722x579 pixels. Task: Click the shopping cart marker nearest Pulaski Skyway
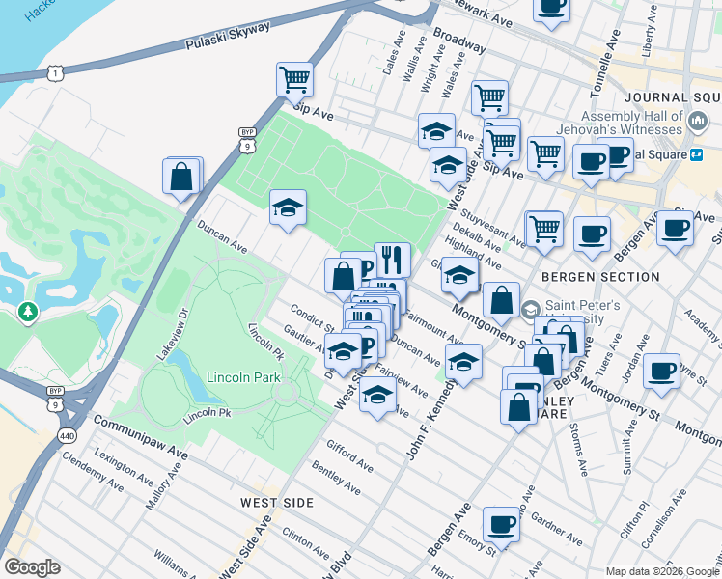pyautogui.click(x=294, y=79)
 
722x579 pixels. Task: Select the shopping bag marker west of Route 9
pyautogui.click(x=180, y=177)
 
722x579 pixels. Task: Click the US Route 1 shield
pyautogui.click(x=57, y=73)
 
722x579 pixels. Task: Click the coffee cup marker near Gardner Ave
pyautogui.click(x=501, y=524)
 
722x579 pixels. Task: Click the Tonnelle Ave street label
pyautogui.click(x=611, y=60)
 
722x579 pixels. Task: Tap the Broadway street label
pyautogui.click(x=459, y=40)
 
